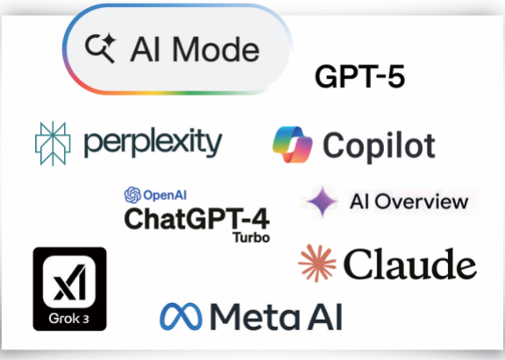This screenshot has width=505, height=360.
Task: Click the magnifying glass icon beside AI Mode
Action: (100, 48)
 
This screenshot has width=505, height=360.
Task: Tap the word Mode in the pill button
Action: (216, 49)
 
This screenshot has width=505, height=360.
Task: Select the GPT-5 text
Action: (359, 76)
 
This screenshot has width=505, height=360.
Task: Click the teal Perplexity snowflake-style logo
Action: (53, 144)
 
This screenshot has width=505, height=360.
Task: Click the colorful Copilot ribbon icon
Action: (293, 145)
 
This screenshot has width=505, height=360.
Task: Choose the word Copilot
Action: (379, 146)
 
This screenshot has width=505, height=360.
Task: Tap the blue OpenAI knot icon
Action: (132, 195)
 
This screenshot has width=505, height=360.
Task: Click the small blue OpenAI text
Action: (165, 195)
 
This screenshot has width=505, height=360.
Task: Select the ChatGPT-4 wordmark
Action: (196, 218)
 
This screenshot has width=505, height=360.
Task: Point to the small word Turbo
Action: (252, 237)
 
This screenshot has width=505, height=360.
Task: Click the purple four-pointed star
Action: (323, 201)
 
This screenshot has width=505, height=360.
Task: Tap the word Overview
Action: (422, 201)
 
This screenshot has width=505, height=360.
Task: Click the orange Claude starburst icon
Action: (317, 263)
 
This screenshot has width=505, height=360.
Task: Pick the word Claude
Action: (410, 264)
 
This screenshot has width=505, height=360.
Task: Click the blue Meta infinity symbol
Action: (181, 316)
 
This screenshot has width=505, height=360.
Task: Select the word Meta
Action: (254, 317)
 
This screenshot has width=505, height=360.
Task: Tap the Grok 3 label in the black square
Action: (69, 319)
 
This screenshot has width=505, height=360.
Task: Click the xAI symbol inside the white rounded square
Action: (69, 282)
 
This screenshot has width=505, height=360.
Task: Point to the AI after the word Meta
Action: (324, 317)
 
